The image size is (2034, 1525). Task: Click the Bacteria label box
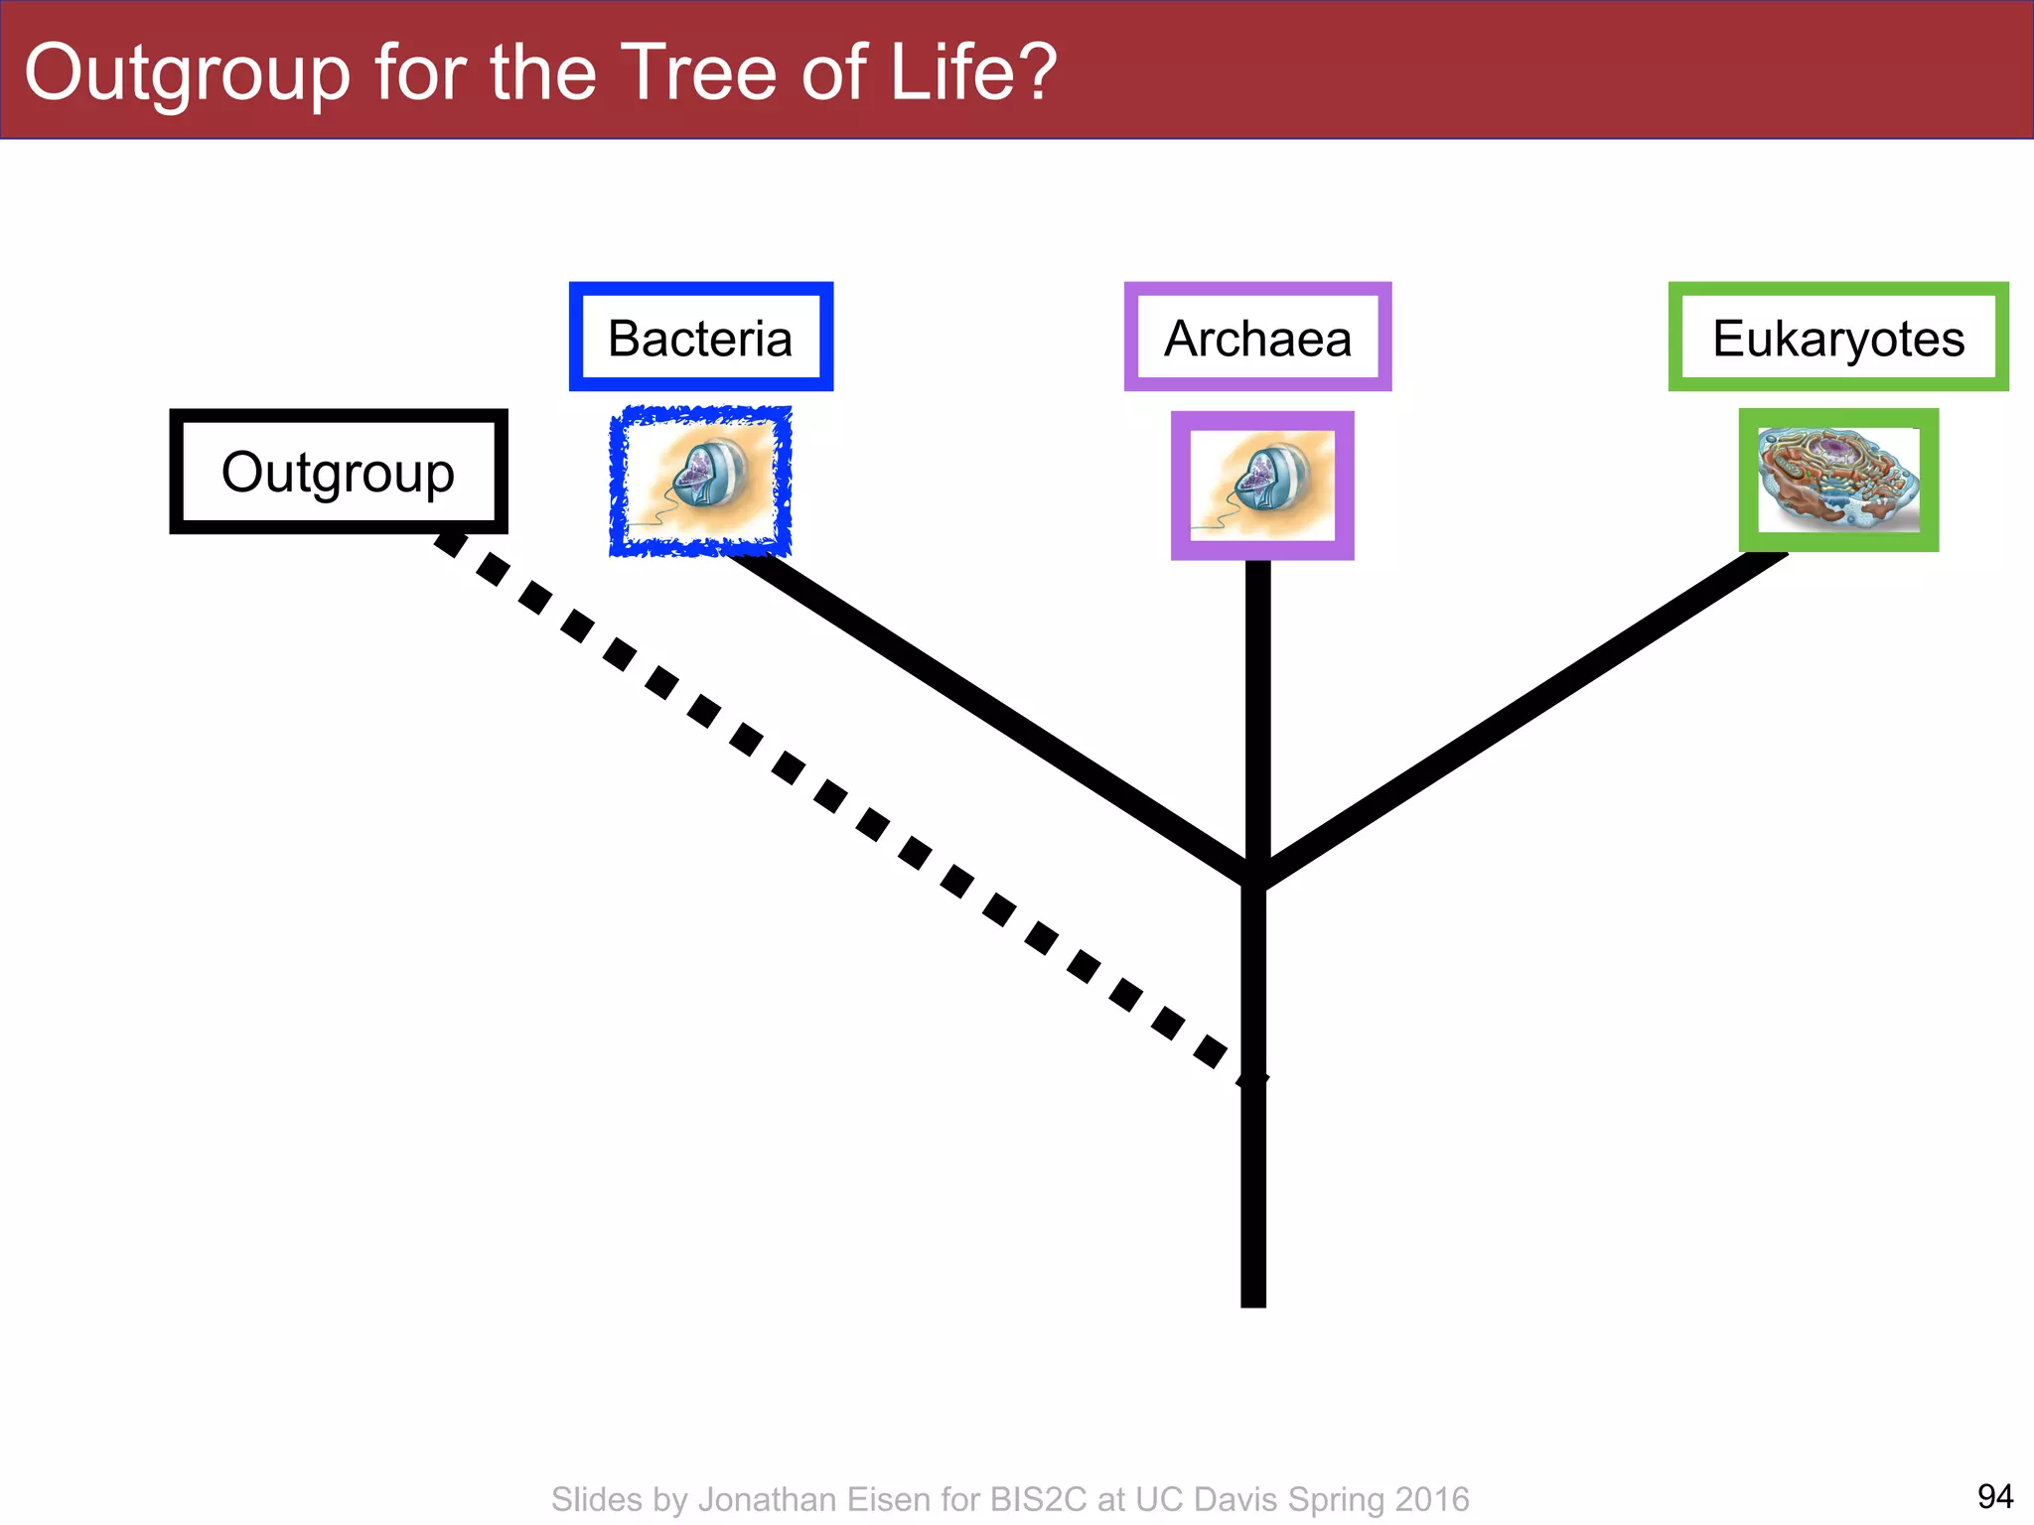coord(700,338)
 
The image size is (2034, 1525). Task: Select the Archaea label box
coord(1257,338)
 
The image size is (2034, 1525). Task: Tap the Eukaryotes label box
coord(1837,338)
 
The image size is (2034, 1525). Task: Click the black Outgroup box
coord(338,472)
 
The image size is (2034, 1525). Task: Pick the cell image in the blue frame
coord(700,482)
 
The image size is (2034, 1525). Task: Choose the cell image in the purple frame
coord(1262,485)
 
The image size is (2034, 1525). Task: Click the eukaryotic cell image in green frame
coord(1838,481)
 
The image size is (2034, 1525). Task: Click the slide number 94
coord(1994,1495)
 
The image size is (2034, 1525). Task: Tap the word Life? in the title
coord(972,73)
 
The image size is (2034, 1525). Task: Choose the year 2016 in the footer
coord(1431,1499)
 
